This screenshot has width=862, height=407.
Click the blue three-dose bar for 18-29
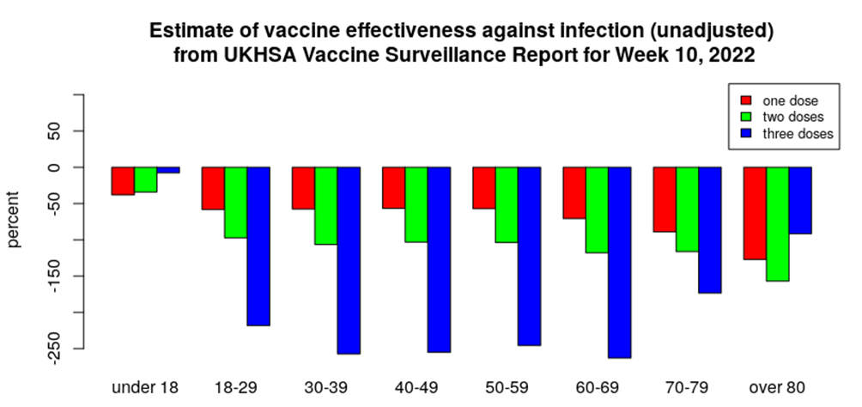click(258, 246)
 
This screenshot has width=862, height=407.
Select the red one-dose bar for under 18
click(123, 181)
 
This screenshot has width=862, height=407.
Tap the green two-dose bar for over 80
click(778, 223)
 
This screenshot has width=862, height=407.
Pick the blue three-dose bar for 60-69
click(620, 262)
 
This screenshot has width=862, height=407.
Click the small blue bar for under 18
click(168, 170)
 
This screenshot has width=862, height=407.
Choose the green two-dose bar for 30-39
click(325, 205)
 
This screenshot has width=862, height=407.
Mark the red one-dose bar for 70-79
click(665, 199)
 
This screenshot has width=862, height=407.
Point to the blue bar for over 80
click(800, 200)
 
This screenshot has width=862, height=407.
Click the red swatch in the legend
click(746, 100)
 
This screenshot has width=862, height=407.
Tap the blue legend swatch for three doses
click(746, 133)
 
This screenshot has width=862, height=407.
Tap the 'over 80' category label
click(778, 387)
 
